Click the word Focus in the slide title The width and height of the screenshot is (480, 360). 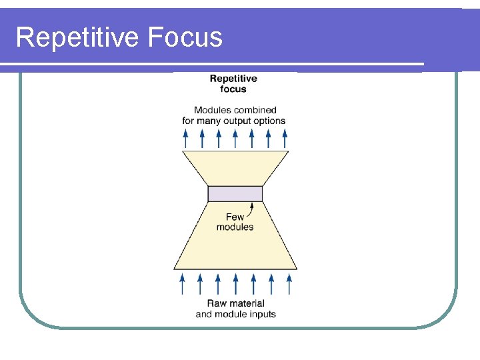pyautogui.click(x=186, y=37)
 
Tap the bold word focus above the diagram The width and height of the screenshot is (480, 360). pyautogui.click(x=233, y=89)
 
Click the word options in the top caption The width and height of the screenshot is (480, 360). pyautogui.click(x=271, y=121)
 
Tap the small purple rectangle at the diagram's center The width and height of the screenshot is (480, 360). pyautogui.click(x=235, y=193)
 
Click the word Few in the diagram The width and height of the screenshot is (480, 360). pyautogui.click(x=235, y=217)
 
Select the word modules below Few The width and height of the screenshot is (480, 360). pyautogui.click(x=235, y=227)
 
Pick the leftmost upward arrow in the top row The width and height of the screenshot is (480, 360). pyautogui.click(x=185, y=138)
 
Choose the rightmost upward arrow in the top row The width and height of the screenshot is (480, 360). pyautogui.click(x=285, y=138)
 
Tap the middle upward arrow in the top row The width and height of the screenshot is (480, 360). pyautogui.click(x=235, y=138)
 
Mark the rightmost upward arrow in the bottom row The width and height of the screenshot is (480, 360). pyautogui.click(x=289, y=283)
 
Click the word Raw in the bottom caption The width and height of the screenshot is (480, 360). pyautogui.click(x=217, y=304)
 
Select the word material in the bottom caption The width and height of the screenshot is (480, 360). pyautogui.click(x=247, y=304)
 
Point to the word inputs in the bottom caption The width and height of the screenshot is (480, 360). pyautogui.click(x=262, y=314)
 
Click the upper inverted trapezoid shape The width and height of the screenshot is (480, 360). pyautogui.click(x=235, y=167)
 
